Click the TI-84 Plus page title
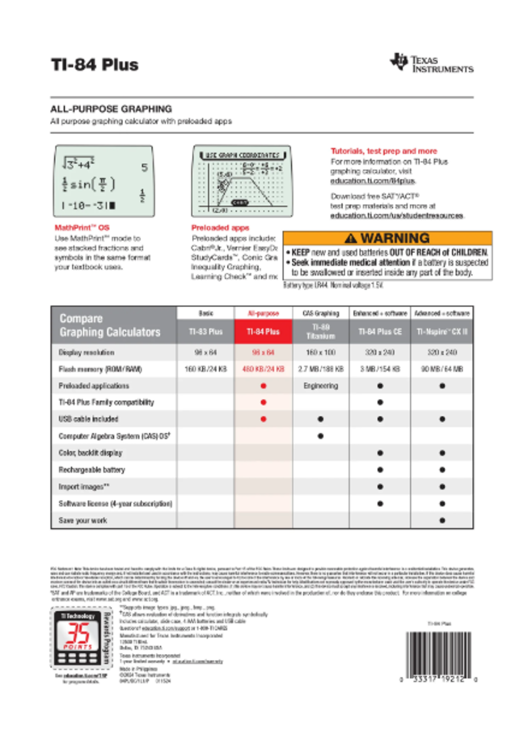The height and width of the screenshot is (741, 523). coord(95,65)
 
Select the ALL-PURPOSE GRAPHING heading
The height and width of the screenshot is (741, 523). coord(111,109)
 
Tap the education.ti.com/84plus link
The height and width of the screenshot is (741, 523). coord(373,181)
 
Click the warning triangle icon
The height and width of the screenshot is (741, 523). coord(350,238)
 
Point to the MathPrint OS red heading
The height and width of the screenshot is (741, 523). coord(82,227)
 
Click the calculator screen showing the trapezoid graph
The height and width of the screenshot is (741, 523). coord(242,181)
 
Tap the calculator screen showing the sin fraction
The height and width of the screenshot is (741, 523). coord(104,181)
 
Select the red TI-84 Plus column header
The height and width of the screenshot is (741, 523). coord(263,332)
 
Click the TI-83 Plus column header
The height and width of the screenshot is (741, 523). coord(206,332)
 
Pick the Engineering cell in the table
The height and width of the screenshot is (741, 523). coord(321,386)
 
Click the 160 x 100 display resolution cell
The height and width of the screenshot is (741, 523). coord(321,352)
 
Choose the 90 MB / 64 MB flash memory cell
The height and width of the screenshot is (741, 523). coord(442,369)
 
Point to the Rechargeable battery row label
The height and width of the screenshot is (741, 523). coord(92,470)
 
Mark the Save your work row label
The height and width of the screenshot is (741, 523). coord(83,521)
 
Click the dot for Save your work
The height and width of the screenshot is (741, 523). coord(442,521)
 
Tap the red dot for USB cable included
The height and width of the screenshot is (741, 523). coord(263,419)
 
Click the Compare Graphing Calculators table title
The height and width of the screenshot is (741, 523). coord(110,325)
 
